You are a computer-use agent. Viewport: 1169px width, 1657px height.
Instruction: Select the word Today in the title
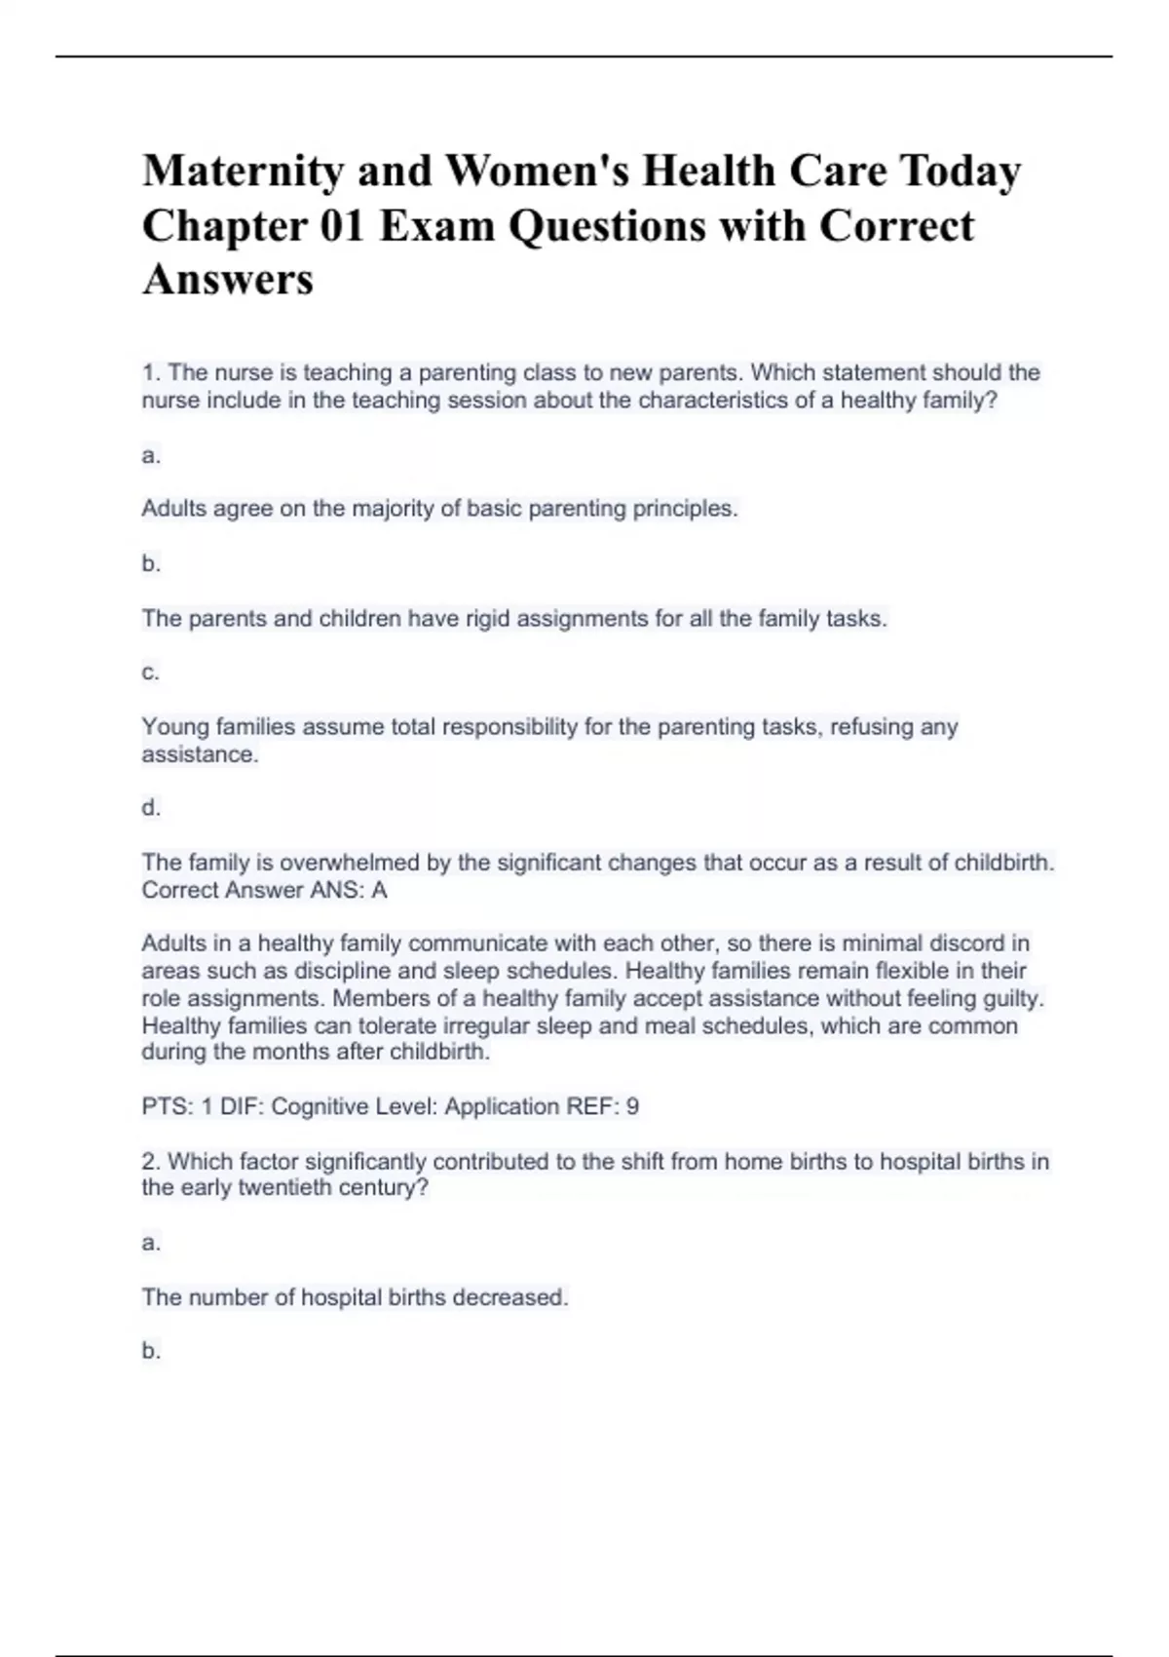960,173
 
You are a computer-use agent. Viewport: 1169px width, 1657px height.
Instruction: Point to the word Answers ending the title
228,281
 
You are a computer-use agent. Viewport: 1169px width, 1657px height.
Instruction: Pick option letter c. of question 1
150,673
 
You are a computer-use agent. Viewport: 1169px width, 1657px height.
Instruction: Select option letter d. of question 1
150,808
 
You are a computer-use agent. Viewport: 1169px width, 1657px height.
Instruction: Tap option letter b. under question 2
150,1351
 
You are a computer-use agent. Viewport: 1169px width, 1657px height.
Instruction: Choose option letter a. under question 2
150,1243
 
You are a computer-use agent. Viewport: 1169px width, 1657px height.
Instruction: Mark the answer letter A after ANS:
379,891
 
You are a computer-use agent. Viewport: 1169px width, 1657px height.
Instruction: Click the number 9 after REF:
632,1107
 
